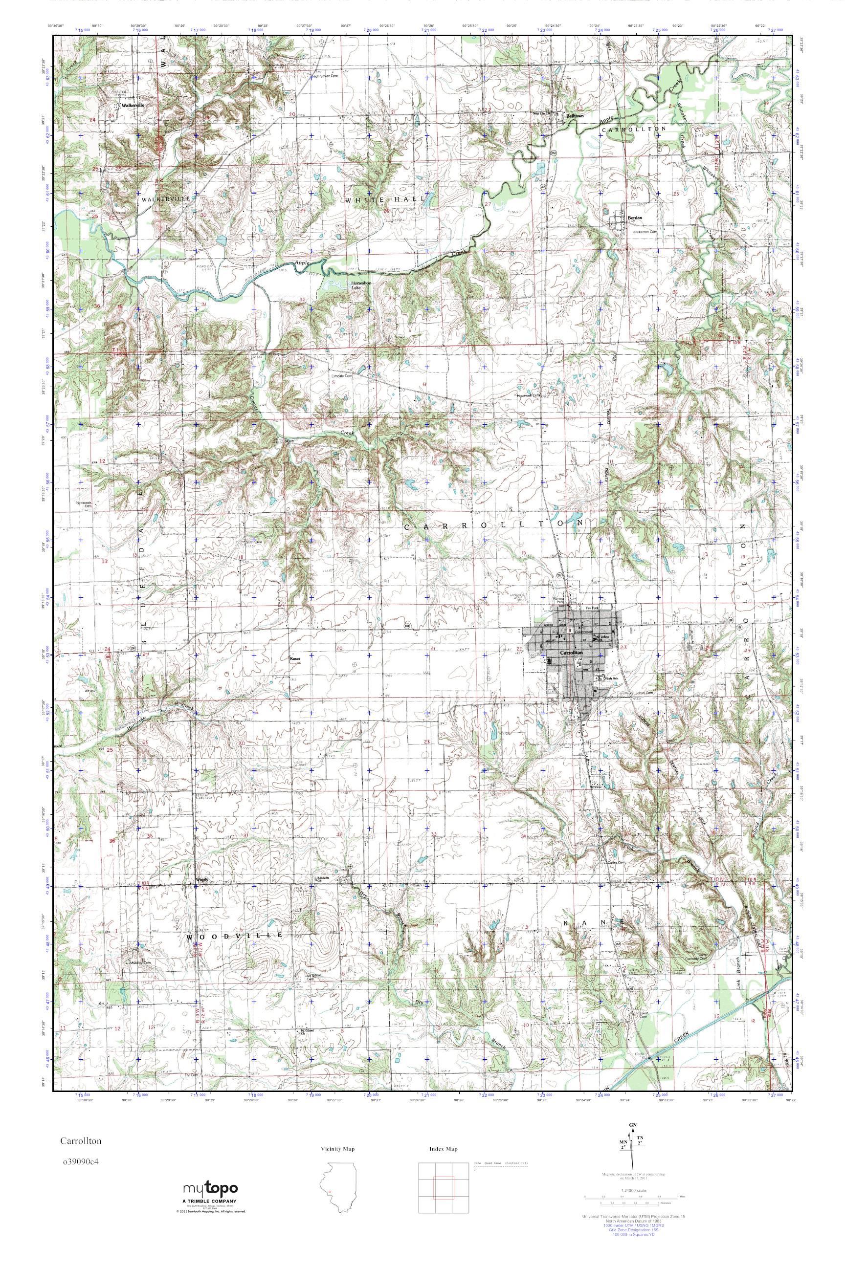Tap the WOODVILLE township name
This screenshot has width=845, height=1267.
(x=235, y=936)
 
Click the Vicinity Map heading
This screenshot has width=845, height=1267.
(x=337, y=1149)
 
